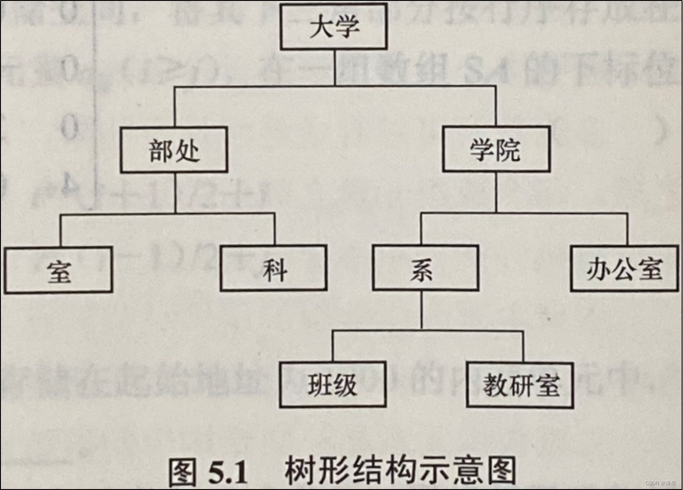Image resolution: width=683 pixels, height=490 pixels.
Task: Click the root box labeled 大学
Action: (x=334, y=27)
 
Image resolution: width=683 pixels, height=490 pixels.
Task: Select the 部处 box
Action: (x=174, y=150)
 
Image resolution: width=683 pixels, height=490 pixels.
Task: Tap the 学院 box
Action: (x=496, y=149)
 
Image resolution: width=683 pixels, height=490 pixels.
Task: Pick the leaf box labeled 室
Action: (x=59, y=270)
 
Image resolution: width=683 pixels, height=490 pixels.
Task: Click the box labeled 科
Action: (x=274, y=269)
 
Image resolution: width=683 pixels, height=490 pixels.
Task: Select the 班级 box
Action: (x=332, y=385)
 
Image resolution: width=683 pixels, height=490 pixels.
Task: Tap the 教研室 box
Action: (x=520, y=385)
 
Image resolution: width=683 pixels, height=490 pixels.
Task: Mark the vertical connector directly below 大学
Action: (x=335, y=68)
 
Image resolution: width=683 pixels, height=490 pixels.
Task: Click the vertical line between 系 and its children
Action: (x=422, y=310)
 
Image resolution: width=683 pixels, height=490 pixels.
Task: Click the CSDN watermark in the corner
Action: (x=660, y=483)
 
